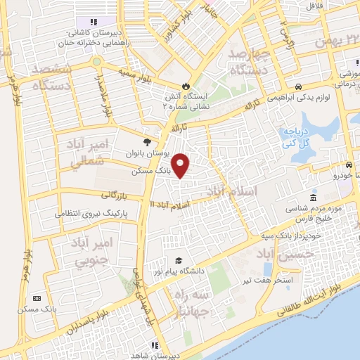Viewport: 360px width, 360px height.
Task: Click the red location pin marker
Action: click(x=181, y=166)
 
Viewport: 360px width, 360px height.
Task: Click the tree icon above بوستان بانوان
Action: click(x=147, y=141)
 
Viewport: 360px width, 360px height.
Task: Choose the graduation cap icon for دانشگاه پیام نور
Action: click(x=181, y=261)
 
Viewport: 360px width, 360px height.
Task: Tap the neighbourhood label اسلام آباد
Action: click(x=232, y=191)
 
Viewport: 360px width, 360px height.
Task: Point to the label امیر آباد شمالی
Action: click(x=89, y=153)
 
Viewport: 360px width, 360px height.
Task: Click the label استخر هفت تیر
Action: click(x=277, y=281)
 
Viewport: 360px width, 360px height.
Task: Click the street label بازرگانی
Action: click(x=116, y=194)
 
